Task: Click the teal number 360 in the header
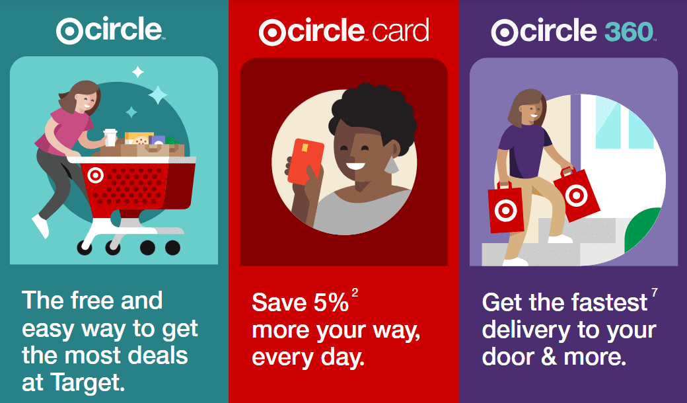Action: coord(629,31)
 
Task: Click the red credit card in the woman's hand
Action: coord(305,161)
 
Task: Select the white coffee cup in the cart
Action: coord(110,137)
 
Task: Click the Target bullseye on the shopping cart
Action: coord(96,175)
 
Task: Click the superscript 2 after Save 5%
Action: coord(355,293)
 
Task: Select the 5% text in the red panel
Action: coord(331,303)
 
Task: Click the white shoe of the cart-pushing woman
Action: coord(40,225)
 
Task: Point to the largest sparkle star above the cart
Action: coord(158,94)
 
